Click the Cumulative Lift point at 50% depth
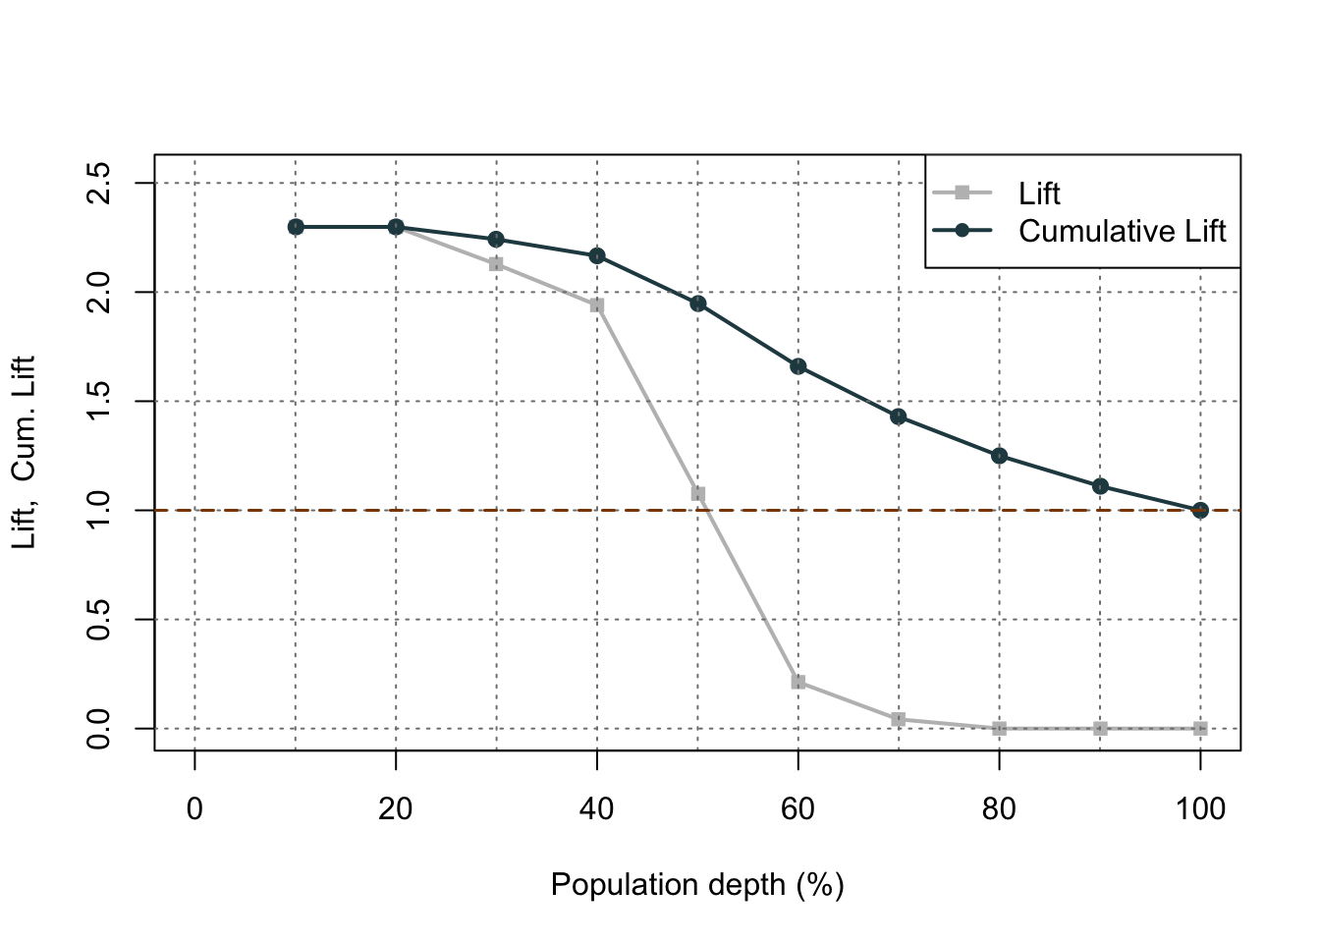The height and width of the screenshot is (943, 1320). coord(698,304)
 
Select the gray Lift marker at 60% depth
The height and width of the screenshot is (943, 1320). coord(798,682)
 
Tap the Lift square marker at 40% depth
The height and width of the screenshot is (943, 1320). coord(597,305)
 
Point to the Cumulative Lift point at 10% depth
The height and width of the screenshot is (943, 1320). coord(296,227)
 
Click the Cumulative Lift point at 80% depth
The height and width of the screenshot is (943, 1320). coord(1000,456)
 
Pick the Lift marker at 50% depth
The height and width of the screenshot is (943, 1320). coord(698,494)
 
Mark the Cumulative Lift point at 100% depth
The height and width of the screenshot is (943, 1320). coord(1200,510)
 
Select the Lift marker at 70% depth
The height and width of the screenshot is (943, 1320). coord(899,720)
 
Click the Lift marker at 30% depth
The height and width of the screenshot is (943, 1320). coord(496,264)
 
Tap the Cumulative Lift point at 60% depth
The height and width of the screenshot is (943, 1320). coord(798,366)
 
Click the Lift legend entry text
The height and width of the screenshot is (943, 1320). coord(1039,194)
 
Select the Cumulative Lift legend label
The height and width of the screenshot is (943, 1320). coord(1123,231)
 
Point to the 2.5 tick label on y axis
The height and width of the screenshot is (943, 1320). coord(99,184)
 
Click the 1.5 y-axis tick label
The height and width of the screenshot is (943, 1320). coord(99,402)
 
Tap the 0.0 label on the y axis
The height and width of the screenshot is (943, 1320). coord(99,729)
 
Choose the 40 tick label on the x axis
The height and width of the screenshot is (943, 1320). coord(597,809)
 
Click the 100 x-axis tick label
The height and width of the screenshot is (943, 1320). coord(1200,809)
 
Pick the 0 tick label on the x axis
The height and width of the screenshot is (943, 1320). coord(195,809)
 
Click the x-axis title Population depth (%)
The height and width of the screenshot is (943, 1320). coord(697,885)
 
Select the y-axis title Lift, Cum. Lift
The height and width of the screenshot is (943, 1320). coord(24,453)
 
